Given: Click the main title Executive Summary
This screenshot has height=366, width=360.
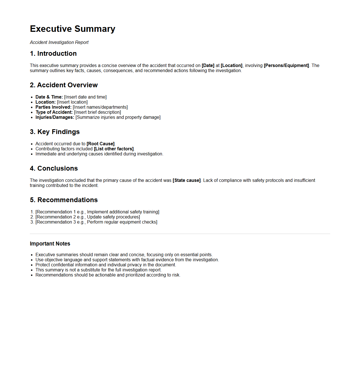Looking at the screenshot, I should tap(72, 29).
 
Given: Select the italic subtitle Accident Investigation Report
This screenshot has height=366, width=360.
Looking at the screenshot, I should tap(59, 43).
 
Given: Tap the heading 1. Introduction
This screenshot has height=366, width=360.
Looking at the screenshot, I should tap(53, 53).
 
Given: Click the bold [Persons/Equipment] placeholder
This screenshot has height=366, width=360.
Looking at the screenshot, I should tap(286, 66).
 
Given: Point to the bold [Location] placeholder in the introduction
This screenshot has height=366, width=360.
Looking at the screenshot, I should tap(232, 66).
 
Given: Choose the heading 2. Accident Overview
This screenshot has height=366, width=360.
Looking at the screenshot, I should tap(64, 85).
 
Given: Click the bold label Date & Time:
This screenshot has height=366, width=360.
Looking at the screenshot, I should tap(49, 97).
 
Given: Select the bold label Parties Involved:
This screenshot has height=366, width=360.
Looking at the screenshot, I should tap(54, 107).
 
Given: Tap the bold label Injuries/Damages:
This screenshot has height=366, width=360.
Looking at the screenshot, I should tap(55, 117).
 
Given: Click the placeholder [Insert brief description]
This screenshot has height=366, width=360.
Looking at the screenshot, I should tap(97, 112).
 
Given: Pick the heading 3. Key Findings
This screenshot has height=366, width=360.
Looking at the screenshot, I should tap(55, 132).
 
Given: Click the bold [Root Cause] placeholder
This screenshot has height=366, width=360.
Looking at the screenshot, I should tap(101, 144).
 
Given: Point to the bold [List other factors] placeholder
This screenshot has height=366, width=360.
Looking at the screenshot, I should tap(114, 149).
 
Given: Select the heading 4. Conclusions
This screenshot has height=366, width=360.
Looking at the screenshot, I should tap(54, 168).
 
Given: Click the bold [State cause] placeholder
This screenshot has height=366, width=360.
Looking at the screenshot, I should tap(186, 180).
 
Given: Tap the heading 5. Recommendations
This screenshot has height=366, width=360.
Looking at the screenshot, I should tap(64, 200).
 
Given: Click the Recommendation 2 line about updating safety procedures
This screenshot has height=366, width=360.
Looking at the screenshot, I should tap(88, 217).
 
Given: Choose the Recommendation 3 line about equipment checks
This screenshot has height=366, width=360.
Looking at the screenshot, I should tap(96, 222).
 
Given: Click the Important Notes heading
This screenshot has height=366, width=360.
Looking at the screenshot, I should tap(50, 244).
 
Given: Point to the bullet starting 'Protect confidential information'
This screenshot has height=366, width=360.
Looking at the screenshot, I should tap(106, 265).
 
